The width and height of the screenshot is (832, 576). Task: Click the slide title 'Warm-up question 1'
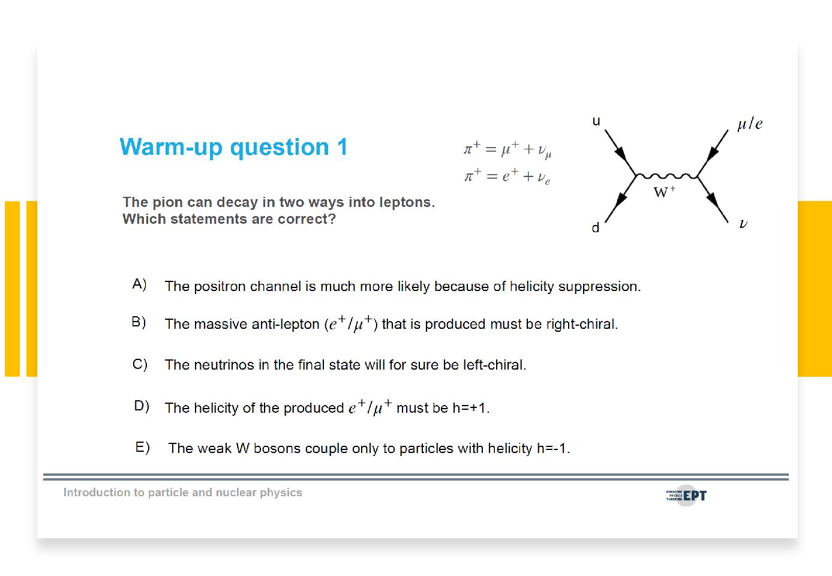233,147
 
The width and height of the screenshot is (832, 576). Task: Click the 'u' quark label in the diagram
596,121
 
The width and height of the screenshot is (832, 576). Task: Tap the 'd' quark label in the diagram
596,227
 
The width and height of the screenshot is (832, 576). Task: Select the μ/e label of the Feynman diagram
750,124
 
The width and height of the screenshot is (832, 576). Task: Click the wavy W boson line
667,176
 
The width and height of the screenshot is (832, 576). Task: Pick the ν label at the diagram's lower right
743,223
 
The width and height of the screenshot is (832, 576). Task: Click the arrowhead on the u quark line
621,154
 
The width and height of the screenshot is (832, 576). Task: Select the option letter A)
140,284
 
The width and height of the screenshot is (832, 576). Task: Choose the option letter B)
139,322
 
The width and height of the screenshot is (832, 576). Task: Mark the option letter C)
140,364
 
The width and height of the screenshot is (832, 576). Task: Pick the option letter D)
142,406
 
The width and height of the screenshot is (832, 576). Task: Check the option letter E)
143,447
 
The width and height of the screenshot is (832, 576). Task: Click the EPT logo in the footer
686,496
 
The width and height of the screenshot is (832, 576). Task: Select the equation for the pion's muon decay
507,150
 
